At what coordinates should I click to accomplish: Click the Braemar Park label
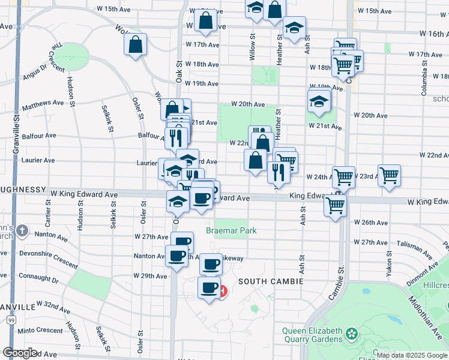231,230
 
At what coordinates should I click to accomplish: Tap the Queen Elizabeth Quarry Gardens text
313,335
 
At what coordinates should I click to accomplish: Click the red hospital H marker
223,292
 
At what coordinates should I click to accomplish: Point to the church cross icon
22,230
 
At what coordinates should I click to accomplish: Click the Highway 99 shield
11,322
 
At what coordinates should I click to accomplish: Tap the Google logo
20,353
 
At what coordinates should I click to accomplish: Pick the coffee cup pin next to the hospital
209,289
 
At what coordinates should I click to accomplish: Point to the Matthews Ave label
43,105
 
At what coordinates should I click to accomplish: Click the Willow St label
253,50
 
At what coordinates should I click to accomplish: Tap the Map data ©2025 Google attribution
412,355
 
